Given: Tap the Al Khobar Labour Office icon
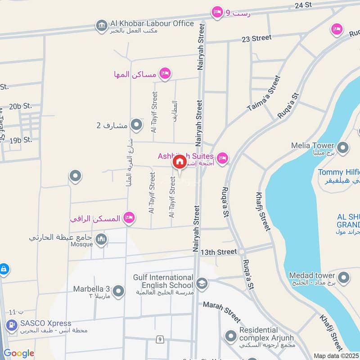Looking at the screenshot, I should tap(101, 26).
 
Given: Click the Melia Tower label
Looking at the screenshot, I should tap(313, 146).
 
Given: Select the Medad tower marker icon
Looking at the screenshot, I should tap(343, 277).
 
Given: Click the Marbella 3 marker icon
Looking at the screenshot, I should tap(118, 292).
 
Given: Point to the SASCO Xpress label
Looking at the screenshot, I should tap(45, 323).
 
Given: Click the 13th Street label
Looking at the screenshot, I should tap(219, 252).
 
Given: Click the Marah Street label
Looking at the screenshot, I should tap(222, 311).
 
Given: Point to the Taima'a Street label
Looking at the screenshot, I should tap(264, 94).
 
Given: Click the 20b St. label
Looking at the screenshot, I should tap(21, 106).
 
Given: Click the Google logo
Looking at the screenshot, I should tap(19, 353).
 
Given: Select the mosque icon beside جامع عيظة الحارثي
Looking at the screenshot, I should tap(101, 239).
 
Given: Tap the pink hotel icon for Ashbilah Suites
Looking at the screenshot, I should tap(222, 158).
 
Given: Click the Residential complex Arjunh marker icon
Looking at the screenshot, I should tap(231, 336).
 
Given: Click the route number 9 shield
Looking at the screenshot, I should tap(160, 339).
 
